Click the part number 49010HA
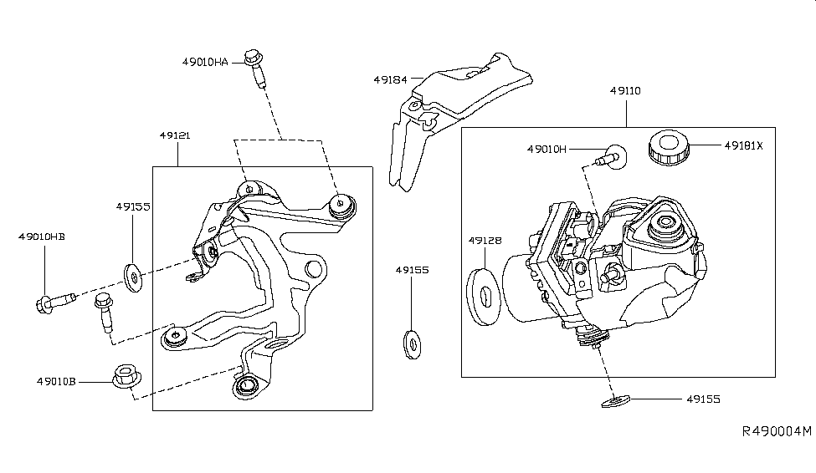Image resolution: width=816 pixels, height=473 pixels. (205, 61)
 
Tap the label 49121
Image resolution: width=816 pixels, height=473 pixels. (174, 134)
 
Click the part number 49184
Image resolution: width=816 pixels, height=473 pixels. (390, 80)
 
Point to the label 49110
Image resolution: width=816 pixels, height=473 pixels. (625, 91)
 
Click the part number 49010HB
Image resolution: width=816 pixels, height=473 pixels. (41, 237)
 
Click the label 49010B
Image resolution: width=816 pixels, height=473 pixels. (58, 381)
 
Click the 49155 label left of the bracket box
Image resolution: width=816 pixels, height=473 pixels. (132, 206)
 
